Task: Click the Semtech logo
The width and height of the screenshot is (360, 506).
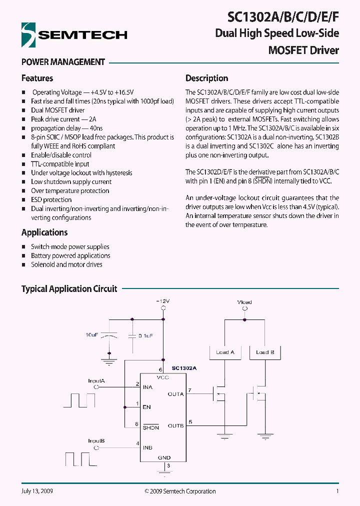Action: [74, 35]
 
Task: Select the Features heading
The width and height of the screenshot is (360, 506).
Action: [37, 78]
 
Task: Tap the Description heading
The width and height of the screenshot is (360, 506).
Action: [206, 78]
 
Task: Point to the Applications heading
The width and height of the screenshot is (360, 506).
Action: [44, 232]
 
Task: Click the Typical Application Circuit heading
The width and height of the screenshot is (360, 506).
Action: [69, 289]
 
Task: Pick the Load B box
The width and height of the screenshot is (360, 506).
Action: [265, 352]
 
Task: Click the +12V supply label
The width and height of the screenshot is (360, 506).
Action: [162, 301]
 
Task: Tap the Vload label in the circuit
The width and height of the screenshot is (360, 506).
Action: [244, 302]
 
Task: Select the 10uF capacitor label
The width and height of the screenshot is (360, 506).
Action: [92, 334]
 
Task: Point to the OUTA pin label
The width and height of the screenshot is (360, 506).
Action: [176, 394]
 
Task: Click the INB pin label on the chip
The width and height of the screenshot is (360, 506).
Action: [147, 447]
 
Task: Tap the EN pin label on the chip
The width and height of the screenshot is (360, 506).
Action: [146, 407]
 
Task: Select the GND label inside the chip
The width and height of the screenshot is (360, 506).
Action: [164, 457]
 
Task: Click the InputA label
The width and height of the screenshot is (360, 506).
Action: [96, 381]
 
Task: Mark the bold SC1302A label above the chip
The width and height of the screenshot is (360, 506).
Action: [184, 368]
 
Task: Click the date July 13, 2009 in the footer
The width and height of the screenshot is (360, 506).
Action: [37, 491]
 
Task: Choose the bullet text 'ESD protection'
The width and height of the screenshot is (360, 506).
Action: [51, 200]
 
